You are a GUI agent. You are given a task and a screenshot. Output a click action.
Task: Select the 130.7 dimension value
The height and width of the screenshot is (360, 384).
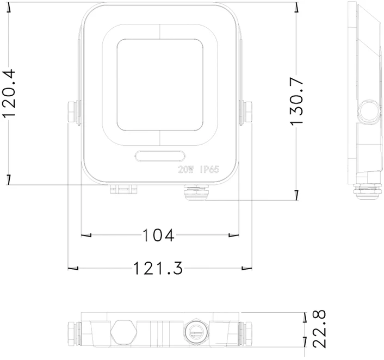pos(297,101)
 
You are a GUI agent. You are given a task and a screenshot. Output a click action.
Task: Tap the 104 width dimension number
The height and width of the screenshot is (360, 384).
pos(158,235)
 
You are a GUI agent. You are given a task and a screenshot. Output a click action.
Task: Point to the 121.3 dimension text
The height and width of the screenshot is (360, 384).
pos(158,268)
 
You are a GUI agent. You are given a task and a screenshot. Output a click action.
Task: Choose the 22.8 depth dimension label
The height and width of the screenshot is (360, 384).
pos(320,329)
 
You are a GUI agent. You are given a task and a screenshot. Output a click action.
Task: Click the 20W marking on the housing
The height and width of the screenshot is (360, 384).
pos(186,170)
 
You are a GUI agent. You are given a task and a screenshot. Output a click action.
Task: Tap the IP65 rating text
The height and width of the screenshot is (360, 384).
pos(209,170)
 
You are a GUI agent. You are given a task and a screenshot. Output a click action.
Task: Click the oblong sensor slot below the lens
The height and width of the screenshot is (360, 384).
pos(160,156)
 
